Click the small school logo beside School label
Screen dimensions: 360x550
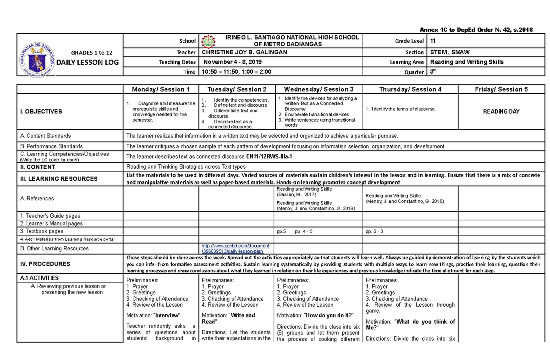[208, 41]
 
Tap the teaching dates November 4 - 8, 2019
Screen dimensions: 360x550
[233, 62]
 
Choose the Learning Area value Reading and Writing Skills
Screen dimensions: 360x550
[466, 62]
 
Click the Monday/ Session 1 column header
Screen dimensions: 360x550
[160, 89]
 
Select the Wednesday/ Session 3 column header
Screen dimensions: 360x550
[319, 89]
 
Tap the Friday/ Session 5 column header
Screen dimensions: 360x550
[502, 89]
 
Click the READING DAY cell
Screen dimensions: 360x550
[502, 111]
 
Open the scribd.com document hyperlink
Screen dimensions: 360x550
[235, 249]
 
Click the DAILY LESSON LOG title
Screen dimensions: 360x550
[92, 62]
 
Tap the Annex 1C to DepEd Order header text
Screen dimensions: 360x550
[479, 30]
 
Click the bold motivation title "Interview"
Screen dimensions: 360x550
[167, 316]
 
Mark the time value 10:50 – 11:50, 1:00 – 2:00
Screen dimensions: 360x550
[236, 72]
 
